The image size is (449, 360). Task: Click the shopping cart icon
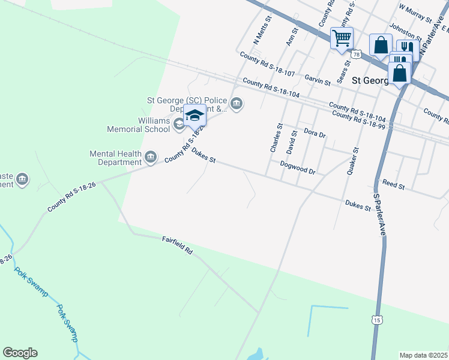pos(342,39)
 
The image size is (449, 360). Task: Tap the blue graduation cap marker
pos(194,115)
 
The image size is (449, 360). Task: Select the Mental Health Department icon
pos(151,158)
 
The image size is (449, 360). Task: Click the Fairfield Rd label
pos(178,245)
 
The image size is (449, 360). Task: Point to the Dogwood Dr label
pos(298,167)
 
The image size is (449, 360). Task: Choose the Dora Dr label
pos(315,133)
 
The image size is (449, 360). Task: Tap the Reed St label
pos(394,184)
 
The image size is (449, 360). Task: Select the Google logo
pos(20,353)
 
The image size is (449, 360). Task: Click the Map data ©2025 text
pos(423,355)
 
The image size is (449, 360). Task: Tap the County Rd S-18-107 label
pos(267,64)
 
